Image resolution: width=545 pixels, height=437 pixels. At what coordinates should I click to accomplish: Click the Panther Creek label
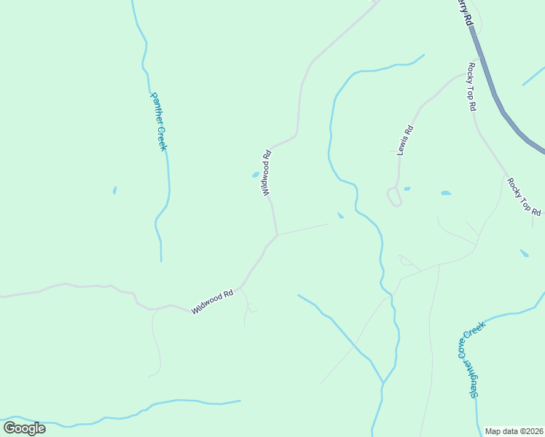tap(159, 121)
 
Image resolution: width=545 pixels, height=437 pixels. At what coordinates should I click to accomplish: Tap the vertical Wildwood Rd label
tap(266, 173)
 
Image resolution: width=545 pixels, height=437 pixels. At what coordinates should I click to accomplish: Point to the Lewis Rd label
tap(405, 141)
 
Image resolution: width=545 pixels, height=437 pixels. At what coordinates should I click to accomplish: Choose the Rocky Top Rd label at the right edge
tap(525, 197)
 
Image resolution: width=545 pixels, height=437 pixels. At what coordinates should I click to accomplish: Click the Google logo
tap(24, 428)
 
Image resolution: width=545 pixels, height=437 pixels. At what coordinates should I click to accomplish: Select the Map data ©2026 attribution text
tap(514, 431)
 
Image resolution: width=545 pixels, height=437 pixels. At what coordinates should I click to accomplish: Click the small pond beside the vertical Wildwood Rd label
tap(255, 175)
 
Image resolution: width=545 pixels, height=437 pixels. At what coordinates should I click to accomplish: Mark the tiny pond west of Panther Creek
tap(114, 191)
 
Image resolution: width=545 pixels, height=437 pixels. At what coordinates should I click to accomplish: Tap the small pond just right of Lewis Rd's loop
tap(407, 189)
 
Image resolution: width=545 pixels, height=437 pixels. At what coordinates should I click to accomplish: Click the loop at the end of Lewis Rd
tap(393, 197)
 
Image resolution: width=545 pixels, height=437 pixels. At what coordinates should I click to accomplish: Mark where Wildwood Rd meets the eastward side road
tap(277, 235)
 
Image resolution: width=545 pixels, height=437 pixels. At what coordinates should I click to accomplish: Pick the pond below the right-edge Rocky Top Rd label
tap(525, 253)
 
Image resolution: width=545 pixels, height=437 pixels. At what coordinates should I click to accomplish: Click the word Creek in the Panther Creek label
tap(162, 136)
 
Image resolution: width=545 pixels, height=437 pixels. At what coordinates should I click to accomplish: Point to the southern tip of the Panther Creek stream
tap(161, 260)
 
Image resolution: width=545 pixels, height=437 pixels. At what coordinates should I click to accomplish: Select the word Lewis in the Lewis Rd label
tap(403, 145)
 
